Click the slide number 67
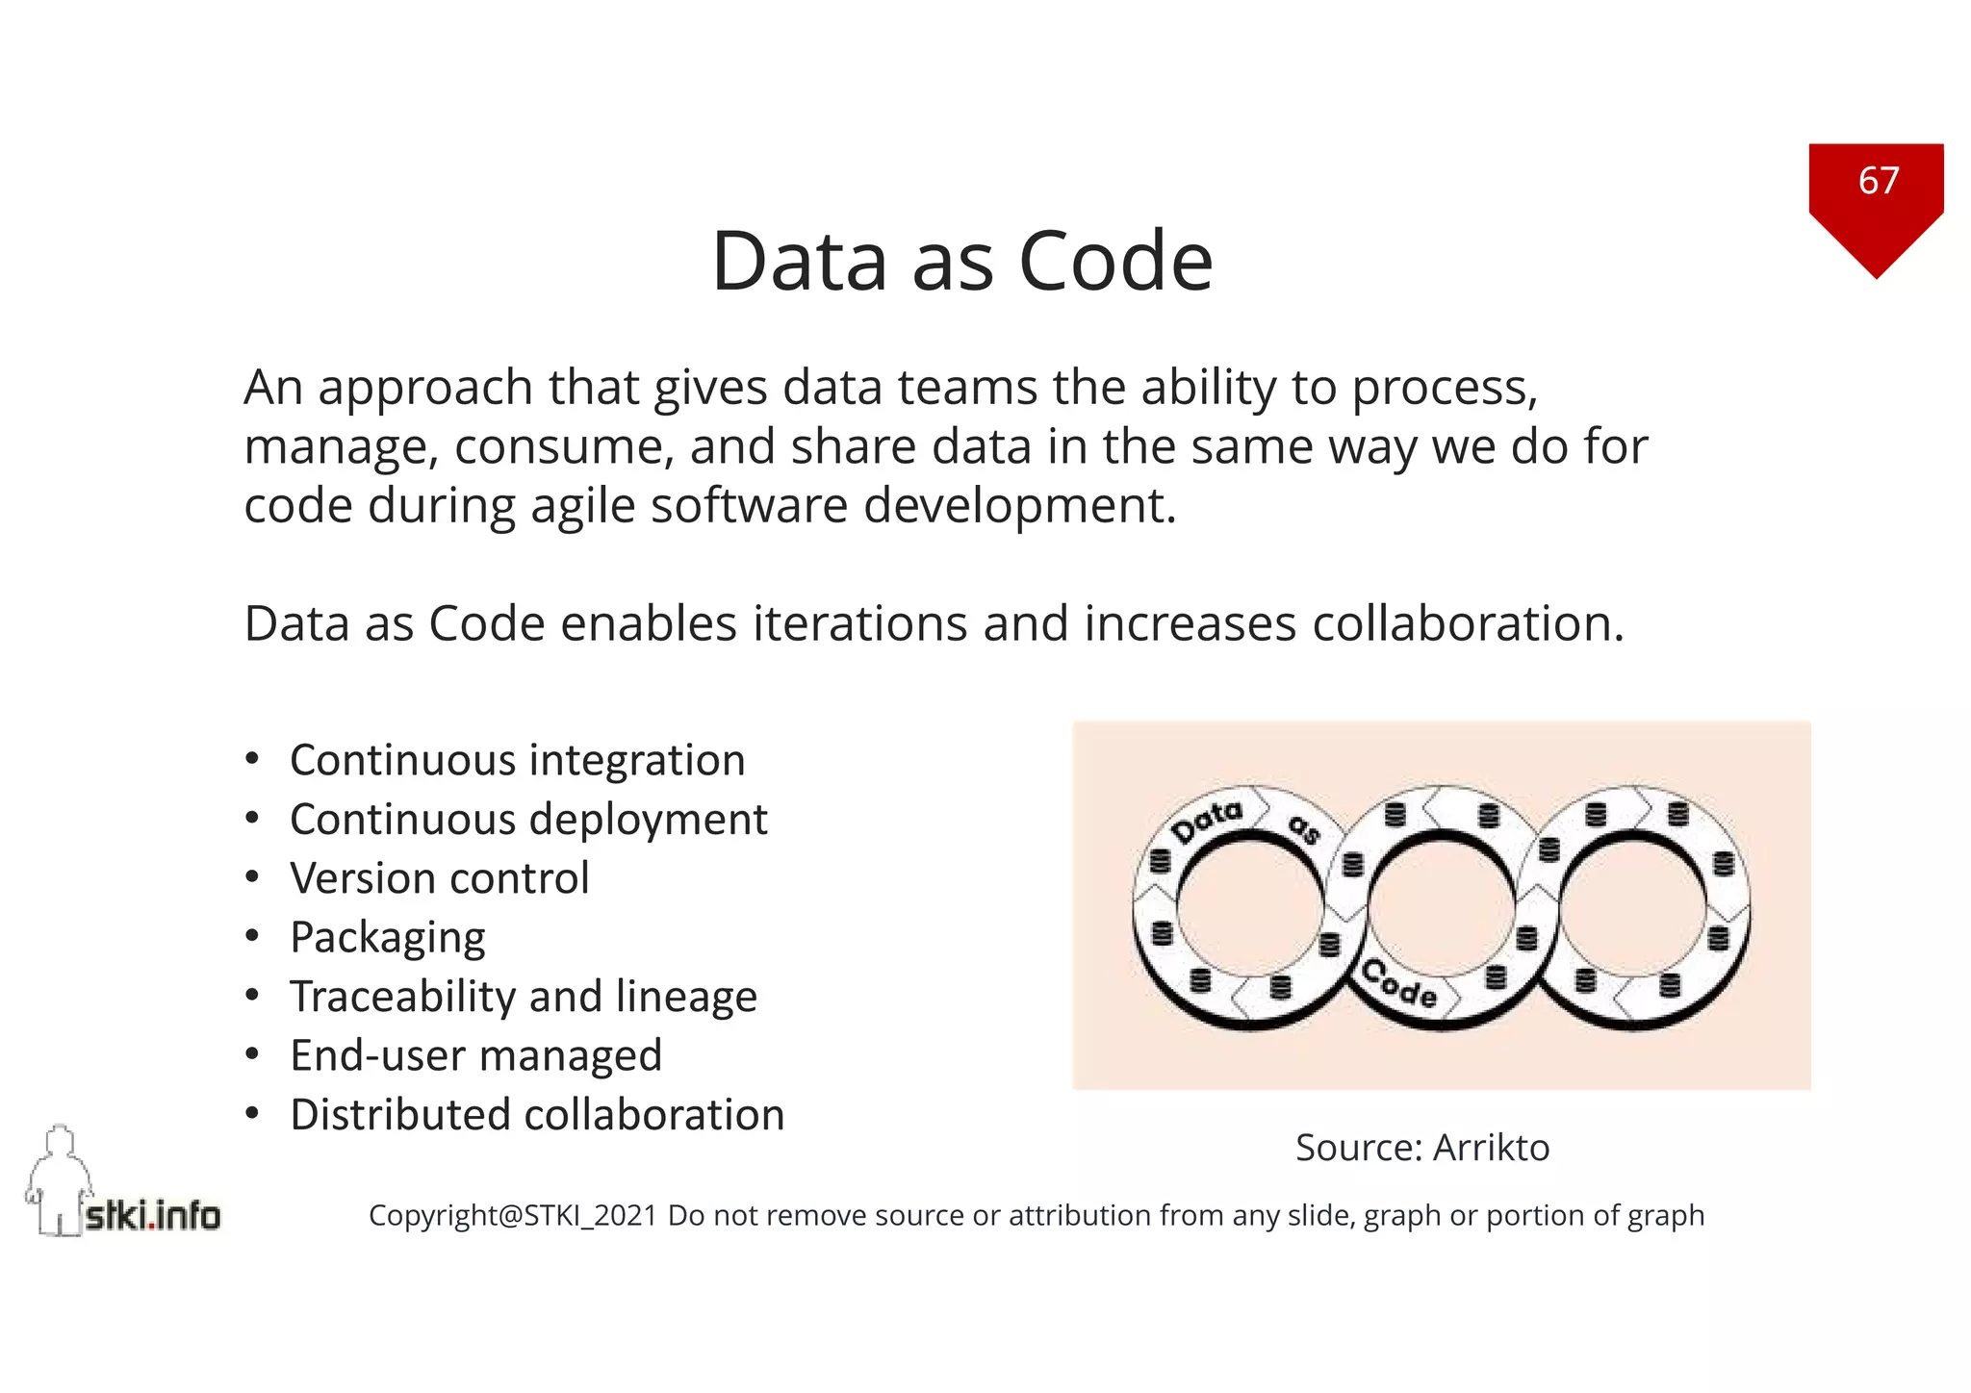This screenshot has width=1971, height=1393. (x=1878, y=181)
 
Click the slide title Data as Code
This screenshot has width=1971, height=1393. (x=961, y=261)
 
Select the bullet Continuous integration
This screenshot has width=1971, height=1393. (x=518, y=760)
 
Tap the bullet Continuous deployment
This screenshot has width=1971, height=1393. (x=528, y=820)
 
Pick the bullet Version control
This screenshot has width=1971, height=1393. (x=440, y=878)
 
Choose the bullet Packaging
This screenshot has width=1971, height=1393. (x=388, y=938)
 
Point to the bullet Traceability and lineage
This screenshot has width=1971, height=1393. (x=524, y=997)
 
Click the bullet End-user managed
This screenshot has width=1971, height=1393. (x=476, y=1055)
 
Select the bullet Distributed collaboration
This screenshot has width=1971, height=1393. (x=537, y=1115)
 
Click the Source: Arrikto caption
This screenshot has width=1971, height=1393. (x=1422, y=1148)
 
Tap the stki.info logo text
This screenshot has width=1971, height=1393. (x=153, y=1216)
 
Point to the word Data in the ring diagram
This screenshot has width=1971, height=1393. (x=1207, y=821)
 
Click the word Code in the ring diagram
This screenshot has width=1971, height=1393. (x=1401, y=984)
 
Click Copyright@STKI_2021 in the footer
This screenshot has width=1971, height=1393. (x=512, y=1216)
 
